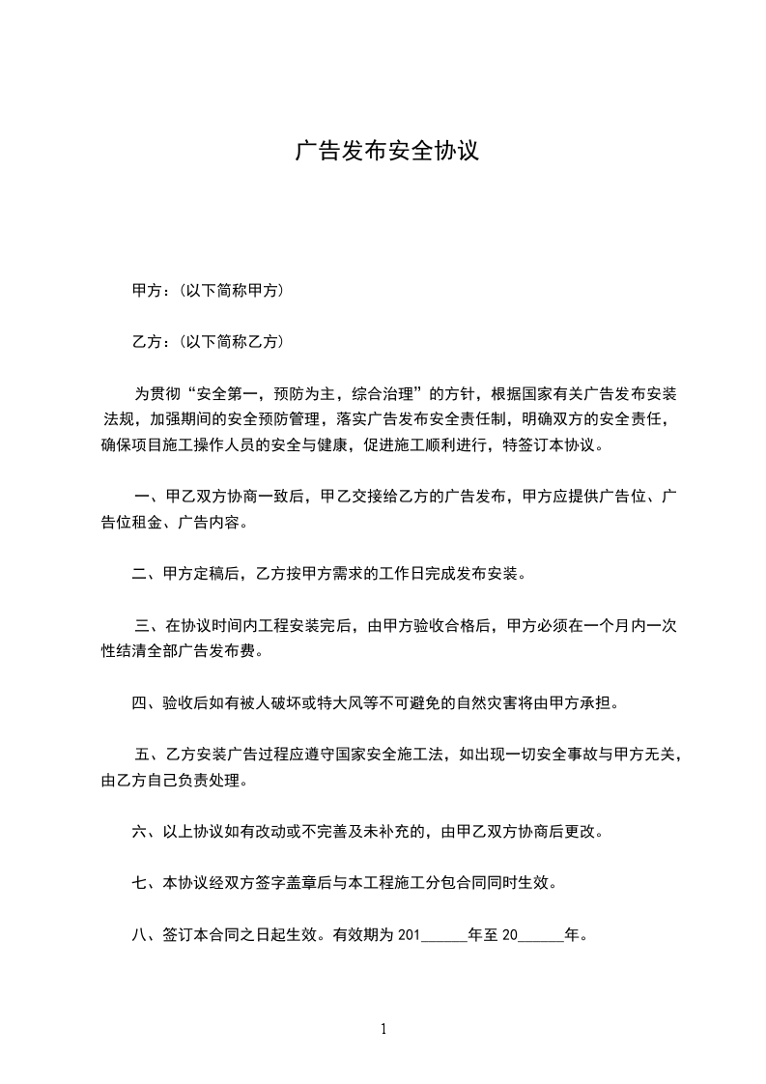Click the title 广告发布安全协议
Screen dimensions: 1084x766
tap(386, 153)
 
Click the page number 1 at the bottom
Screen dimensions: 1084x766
tap(383, 1029)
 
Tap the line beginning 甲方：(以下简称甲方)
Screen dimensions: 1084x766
tap(207, 290)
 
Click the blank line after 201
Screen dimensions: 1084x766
tap(443, 936)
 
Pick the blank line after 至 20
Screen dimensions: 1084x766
tap(541, 936)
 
